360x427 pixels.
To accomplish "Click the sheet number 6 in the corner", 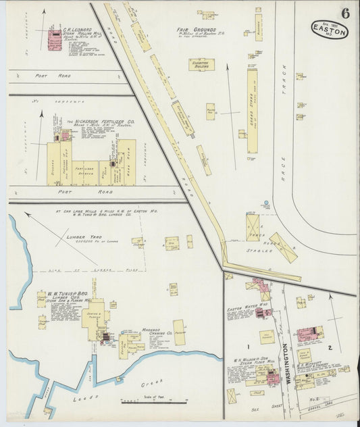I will click(x=345, y=12).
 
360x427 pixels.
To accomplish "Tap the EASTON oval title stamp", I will click(x=330, y=30).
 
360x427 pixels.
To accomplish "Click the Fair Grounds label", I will click(x=197, y=30).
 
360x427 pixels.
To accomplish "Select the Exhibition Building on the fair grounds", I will click(x=201, y=65).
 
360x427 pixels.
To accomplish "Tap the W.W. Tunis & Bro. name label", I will click(x=55, y=295).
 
